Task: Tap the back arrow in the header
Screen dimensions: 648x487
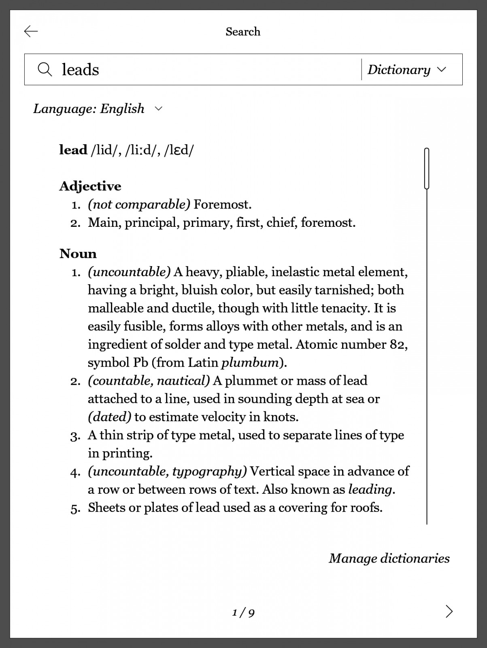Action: (x=31, y=31)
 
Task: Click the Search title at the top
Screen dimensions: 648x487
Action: (x=243, y=32)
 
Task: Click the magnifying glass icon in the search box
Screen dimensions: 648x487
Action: (x=45, y=69)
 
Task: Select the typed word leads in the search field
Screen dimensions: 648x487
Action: (x=80, y=70)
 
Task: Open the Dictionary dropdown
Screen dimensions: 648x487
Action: (x=406, y=70)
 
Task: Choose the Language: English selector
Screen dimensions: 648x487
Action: (x=97, y=109)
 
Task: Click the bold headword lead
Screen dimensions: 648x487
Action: (x=73, y=150)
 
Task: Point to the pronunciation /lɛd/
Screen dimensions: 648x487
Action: (x=179, y=150)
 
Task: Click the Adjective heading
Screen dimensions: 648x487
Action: (x=90, y=186)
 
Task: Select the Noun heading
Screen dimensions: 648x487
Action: (x=78, y=254)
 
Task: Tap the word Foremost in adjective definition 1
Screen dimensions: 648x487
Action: (x=222, y=204)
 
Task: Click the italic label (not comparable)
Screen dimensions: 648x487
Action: (x=139, y=204)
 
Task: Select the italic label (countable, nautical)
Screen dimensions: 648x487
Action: (x=149, y=381)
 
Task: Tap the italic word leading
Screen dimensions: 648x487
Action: (x=370, y=490)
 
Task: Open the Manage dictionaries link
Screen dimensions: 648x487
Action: (x=389, y=558)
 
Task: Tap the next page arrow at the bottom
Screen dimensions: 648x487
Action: (x=449, y=611)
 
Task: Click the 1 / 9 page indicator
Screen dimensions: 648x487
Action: (x=243, y=613)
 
